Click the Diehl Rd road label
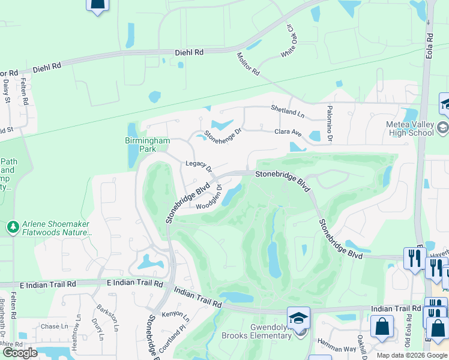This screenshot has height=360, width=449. (189, 53)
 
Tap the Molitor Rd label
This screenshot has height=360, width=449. (247, 64)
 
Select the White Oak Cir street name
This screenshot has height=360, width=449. (289, 46)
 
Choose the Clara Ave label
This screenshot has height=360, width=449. (288, 131)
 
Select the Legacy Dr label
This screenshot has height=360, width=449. (199, 166)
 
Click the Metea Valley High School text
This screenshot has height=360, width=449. (409, 128)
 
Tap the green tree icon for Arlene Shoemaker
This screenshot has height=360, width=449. (12, 227)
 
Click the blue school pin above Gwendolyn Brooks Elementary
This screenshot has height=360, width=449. (298, 318)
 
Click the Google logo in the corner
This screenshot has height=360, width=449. (20, 353)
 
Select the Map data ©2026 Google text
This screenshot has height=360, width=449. (411, 355)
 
